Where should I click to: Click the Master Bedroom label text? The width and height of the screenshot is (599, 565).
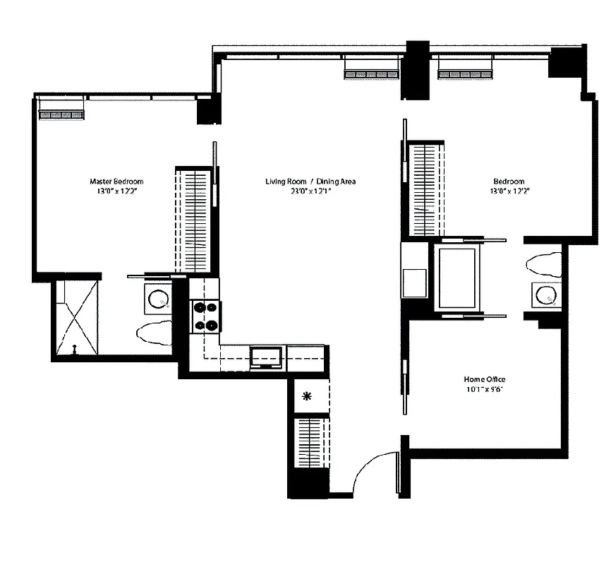[116, 181]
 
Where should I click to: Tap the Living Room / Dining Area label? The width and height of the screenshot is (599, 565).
[310, 182]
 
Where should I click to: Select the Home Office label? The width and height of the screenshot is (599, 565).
[485, 379]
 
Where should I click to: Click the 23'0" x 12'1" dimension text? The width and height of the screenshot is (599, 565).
[310, 191]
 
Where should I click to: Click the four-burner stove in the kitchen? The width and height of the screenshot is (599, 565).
[205, 316]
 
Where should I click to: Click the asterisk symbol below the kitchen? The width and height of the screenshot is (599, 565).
[307, 396]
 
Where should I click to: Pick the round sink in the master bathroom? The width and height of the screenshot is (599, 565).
[157, 299]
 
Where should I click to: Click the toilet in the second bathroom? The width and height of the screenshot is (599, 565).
[543, 264]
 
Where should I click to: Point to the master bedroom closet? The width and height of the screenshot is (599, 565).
[193, 219]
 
